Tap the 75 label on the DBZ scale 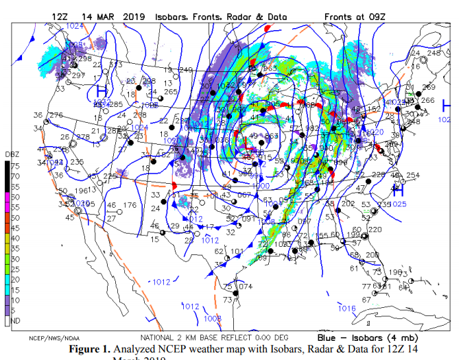click(14, 166)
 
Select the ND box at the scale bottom click(14, 320)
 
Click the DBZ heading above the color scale click(13, 154)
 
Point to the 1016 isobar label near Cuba click(347, 309)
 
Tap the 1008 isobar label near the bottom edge click(213, 319)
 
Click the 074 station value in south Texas click(246, 287)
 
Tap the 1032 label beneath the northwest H click(103, 103)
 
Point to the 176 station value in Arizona click(130, 205)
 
